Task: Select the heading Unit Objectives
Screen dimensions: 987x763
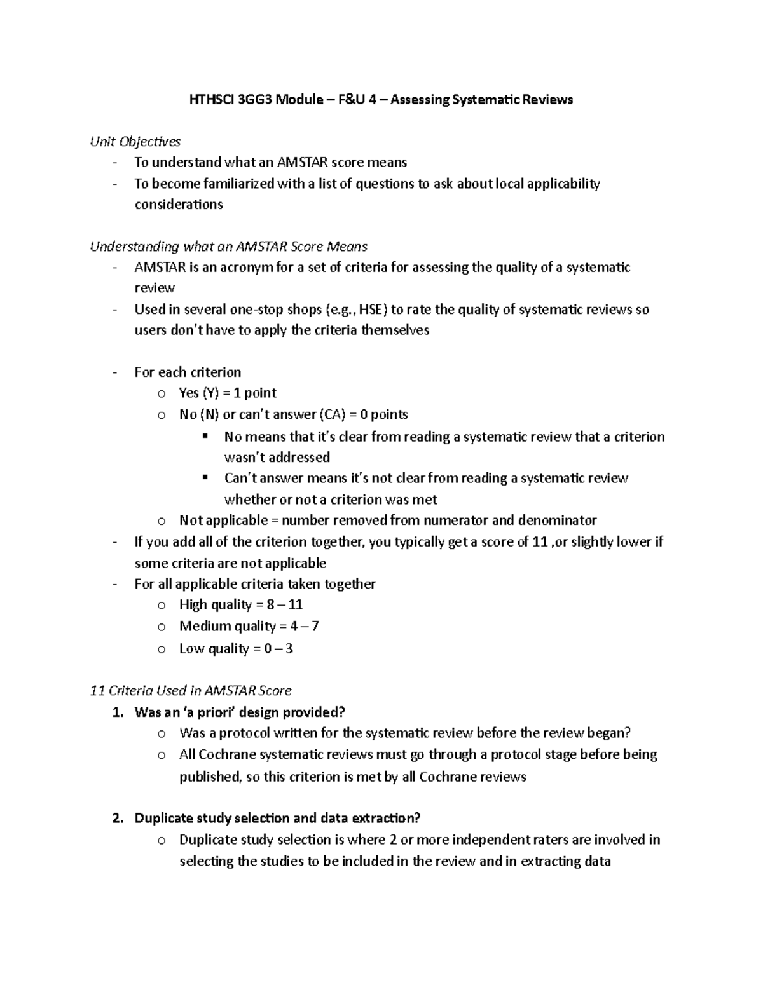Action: pos(135,142)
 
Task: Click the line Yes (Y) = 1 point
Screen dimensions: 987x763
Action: pos(228,393)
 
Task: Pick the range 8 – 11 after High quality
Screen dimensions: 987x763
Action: pos(285,605)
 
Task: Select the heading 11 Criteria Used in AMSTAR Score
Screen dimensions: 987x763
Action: pos(191,691)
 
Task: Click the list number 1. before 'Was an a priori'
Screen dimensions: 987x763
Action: pos(117,712)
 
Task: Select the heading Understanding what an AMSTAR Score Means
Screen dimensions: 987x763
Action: pos(229,247)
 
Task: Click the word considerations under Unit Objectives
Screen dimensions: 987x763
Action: pos(179,205)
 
